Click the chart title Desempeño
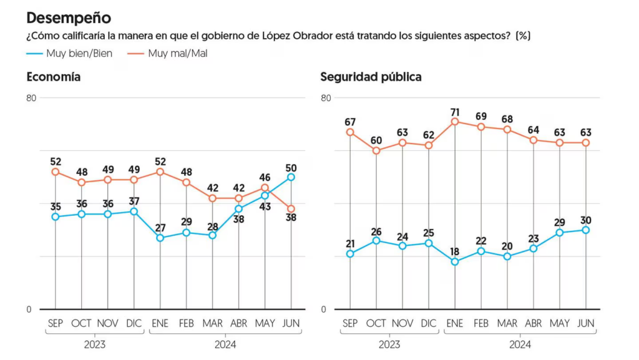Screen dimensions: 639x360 [x=69, y=18]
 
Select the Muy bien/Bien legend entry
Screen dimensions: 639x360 [x=69, y=54]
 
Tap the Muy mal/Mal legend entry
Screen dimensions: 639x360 [x=167, y=54]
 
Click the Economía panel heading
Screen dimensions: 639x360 [x=54, y=77]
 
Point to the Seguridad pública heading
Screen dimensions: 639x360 [x=371, y=77]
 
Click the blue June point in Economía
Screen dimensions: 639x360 [x=291, y=177]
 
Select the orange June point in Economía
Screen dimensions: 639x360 [x=291, y=209]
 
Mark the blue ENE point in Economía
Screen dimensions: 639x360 [x=160, y=238]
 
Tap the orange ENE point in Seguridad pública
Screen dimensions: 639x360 [x=455, y=122]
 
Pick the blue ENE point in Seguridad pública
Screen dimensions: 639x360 [x=455, y=262]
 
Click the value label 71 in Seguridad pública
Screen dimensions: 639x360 [x=455, y=112]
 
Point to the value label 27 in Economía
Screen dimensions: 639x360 [x=160, y=228]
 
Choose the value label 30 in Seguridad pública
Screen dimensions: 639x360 [x=585, y=220]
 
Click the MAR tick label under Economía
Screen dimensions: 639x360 [x=212, y=323]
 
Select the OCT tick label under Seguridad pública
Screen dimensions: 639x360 [x=376, y=323]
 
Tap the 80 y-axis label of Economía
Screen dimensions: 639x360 [x=31, y=98]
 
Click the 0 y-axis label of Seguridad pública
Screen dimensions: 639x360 [x=324, y=309]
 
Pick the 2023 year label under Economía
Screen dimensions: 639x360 [x=95, y=345]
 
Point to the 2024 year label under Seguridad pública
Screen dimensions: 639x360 [x=520, y=345]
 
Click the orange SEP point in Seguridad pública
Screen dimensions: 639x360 [x=350, y=132]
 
